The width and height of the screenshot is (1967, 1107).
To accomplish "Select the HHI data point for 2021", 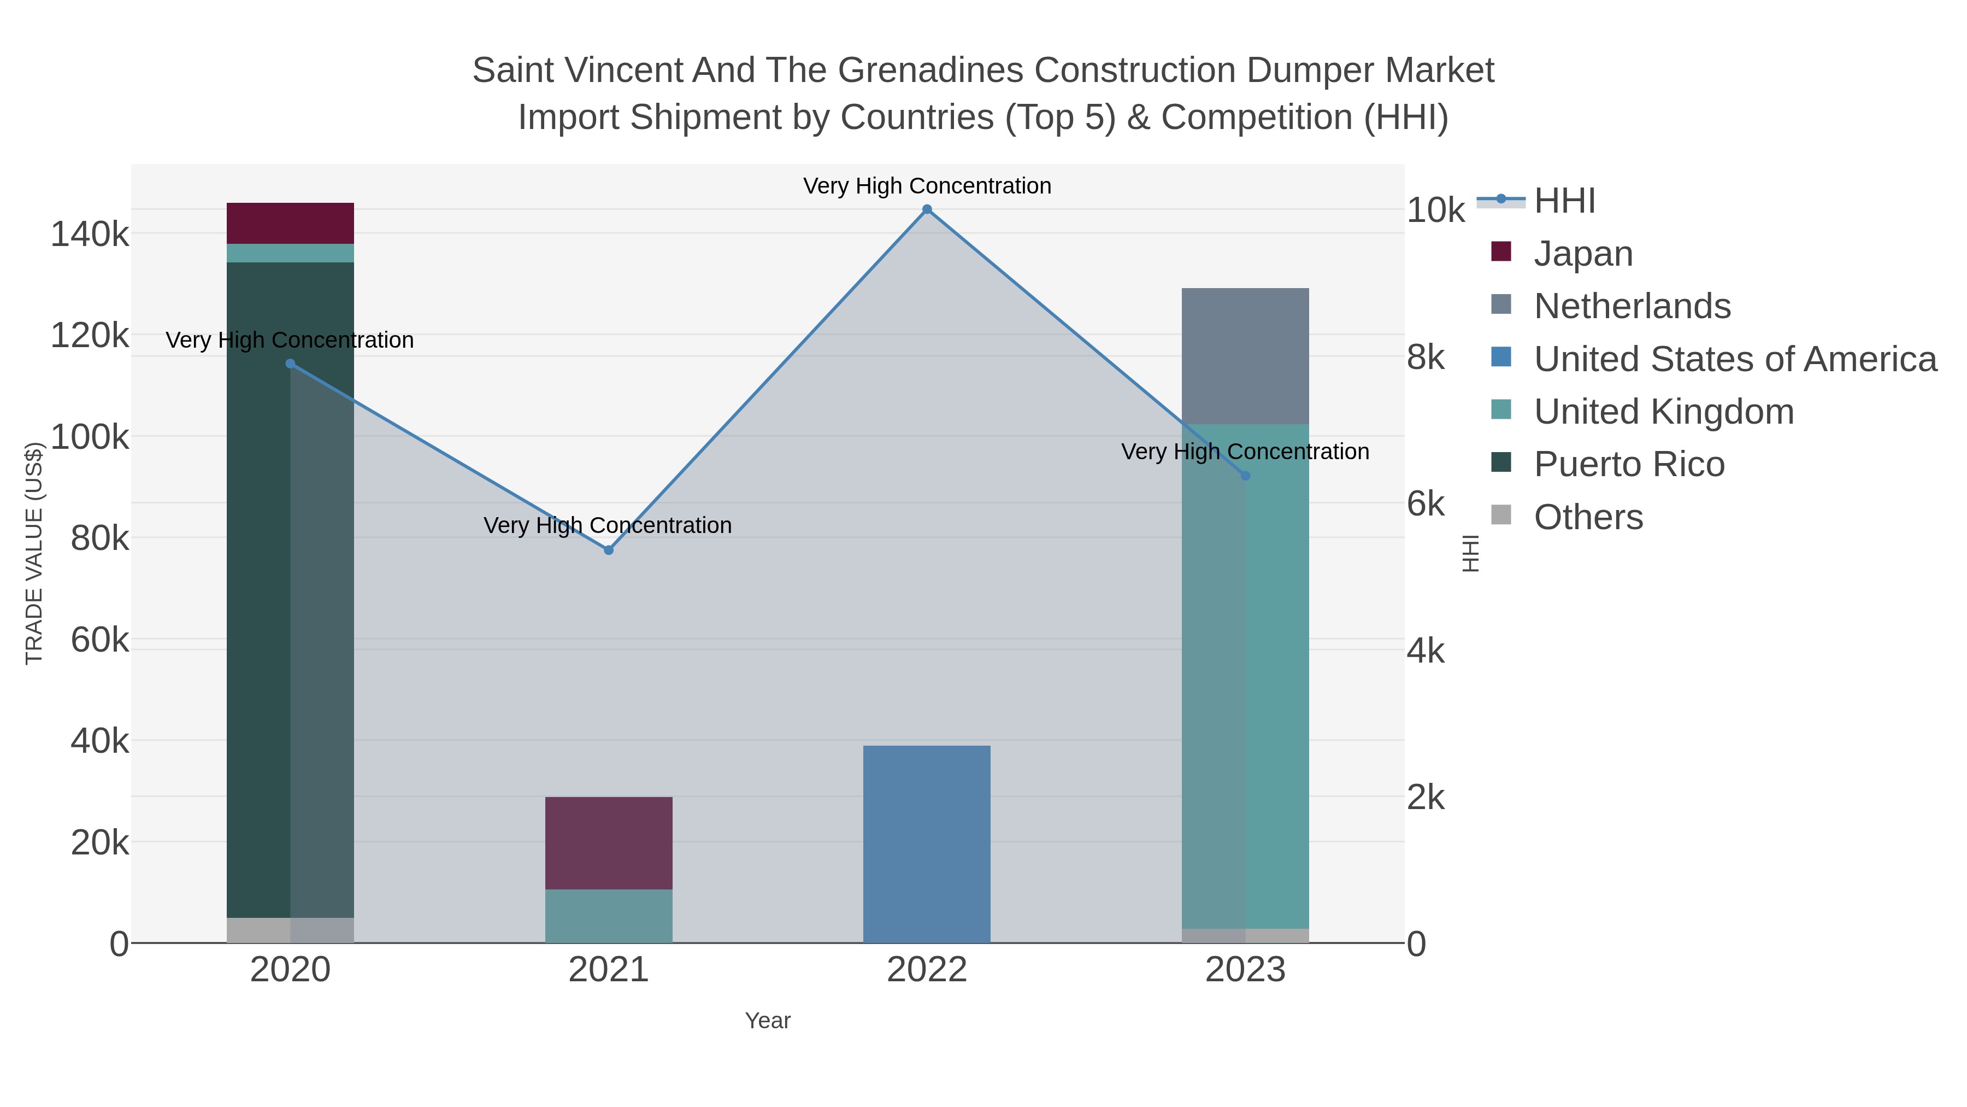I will coord(609,550).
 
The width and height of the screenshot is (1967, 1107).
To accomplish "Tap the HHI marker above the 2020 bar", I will coord(290,364).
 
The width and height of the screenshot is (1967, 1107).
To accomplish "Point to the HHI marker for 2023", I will coord(1245,476).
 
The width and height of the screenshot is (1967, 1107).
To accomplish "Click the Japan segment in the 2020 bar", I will coord(290,223).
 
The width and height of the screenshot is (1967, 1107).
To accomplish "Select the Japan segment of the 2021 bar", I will coord(609,842).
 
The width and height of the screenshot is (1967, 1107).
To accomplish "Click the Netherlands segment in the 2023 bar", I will coord(1245,356).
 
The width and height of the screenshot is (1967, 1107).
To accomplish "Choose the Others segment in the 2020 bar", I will coord(290,930).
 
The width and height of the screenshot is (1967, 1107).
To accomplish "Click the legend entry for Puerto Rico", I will coord(1629,465).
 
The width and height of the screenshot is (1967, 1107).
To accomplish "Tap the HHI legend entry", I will coord(1564,201).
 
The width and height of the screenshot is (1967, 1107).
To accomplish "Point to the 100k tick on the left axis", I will coord(90,437).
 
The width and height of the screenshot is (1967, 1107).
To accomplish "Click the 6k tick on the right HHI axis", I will coord(1425,504).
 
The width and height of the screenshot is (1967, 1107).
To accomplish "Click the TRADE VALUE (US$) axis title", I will coord(34,553).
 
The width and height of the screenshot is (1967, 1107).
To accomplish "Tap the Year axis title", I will coord(768,1021).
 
